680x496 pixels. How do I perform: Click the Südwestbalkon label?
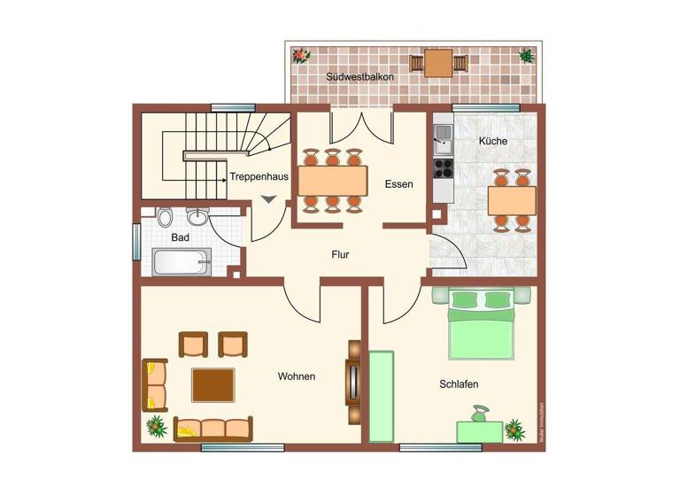[x=359, y=78]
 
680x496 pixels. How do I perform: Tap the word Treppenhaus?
[x=259, y=176]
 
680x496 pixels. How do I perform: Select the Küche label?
[x=492, y=141]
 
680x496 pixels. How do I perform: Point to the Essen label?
[x=398, y=184]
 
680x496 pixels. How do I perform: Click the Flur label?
[x=340, y=255]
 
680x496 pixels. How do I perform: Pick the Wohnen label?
[x=297, y=376]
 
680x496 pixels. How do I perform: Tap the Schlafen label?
[x=459, y=384]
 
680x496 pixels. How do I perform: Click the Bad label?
[x=180, y=237]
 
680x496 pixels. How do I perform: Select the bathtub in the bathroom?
[x=182, y=262]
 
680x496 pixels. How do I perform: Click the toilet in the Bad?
[x=165, y=216]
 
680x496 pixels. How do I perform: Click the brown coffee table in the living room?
[x=213, y=384]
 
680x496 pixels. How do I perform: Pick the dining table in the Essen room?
[x=332, y=181]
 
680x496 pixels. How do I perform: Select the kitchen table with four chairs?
[x=512, y=201]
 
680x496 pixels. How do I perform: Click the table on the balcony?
[x=438, y=63]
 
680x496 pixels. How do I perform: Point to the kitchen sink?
[x=443, y=136]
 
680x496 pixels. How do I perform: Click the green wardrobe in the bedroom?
[x=381, y=396]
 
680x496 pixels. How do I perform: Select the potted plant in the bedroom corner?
[x=515, y=430]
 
